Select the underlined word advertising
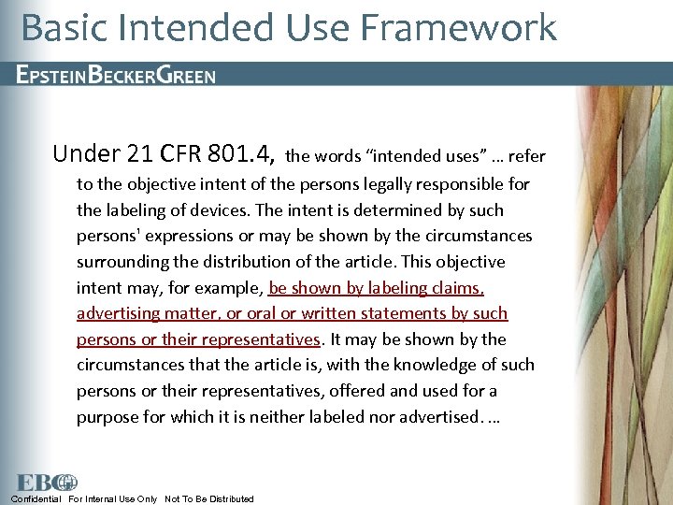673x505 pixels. pyautogui.click(x=121, y=313)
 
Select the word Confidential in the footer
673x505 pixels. pyautogui.click(x=36, y=498)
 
